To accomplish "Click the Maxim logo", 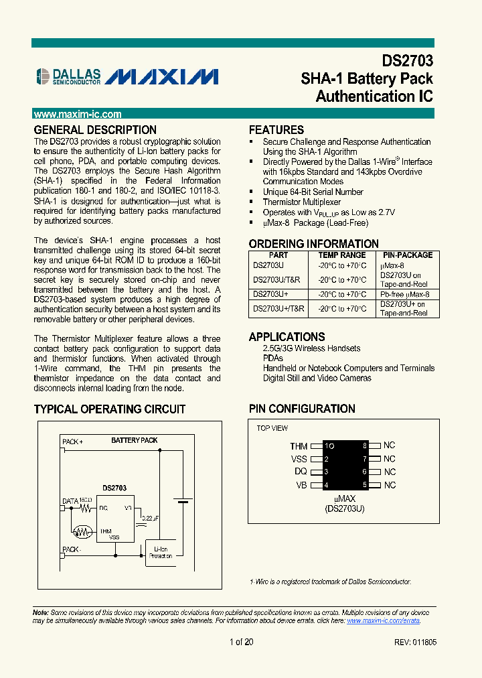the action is click(x=163, y=76).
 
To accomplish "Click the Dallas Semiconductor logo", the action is click(x=68, y=76).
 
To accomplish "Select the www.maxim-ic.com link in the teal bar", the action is click(x=78, y=115).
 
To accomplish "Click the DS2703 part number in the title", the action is click(x=408, y=61).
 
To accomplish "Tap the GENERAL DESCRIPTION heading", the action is click(x=95, y=130).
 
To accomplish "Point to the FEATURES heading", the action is click(x=276, y=130).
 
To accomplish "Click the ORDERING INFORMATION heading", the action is click(x=314, y=244).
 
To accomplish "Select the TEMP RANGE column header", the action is click(x=342, y=255).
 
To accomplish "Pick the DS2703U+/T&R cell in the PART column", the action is click(x=278, y=309).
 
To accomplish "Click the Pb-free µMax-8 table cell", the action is click(x=405, y=294).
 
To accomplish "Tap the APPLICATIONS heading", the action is click(x=287, y=337).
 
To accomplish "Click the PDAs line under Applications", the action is click(x=273, y=358).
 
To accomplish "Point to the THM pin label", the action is click(x=299, y=446).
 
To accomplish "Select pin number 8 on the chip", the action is click(x=365, y=446).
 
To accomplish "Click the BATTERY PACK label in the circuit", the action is click(x=135, y=440).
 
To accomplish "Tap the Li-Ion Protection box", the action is click(x=161, y=552).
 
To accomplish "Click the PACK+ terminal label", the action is click(x=72, y=442).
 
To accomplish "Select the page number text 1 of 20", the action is click(x=241, y=642).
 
